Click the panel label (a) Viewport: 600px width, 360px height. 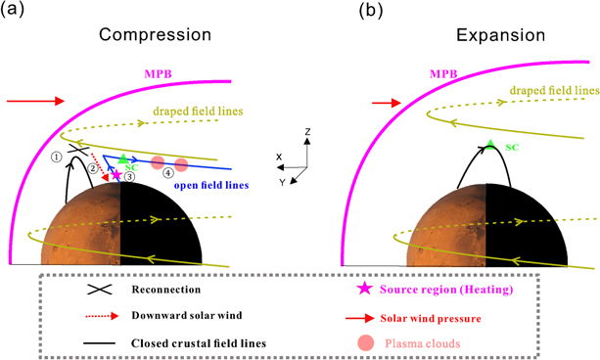[17, 11]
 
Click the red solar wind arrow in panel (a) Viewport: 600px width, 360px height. [35, 100]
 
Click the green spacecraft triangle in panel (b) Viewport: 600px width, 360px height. [491, 145]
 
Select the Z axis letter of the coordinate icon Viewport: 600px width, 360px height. [307, 130]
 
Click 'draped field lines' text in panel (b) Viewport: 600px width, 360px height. [547, 90]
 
